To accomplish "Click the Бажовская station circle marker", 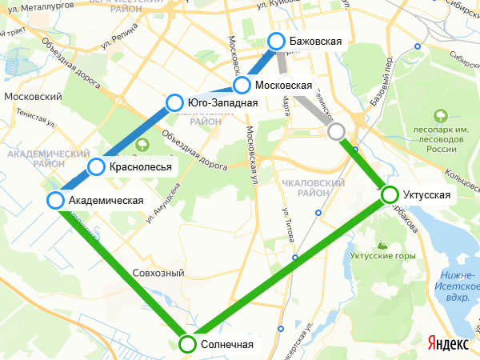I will (276, 41).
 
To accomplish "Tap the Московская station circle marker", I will (242, 86).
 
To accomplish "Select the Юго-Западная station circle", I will (174, 102).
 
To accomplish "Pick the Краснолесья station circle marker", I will (96, 166).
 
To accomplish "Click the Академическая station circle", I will (55, 200).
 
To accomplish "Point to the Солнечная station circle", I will (186, 344).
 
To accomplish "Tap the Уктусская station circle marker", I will (390, 194).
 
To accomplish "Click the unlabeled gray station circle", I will (337, 131).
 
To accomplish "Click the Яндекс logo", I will (448, 342).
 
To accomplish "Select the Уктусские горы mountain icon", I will (382, 242).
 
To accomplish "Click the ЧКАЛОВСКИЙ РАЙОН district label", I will (313, 188).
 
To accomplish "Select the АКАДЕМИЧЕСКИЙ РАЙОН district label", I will (46, 158).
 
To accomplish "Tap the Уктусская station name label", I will (427, 195).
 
